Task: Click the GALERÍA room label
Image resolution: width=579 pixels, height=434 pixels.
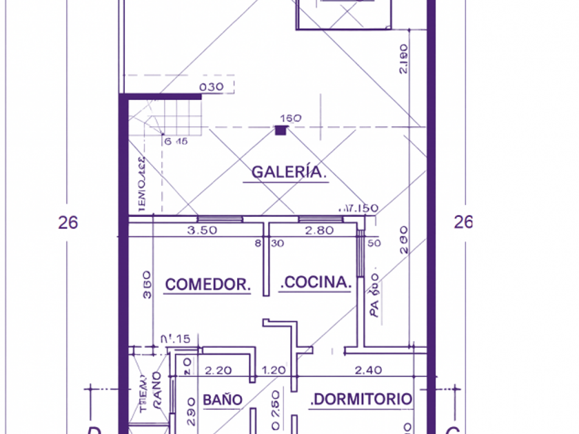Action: pos(288,172)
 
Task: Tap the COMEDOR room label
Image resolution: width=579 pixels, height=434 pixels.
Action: pos(207,283)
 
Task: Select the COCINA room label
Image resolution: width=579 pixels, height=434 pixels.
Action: pos(317,282)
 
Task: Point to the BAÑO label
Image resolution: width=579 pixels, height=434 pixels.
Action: pos(223,400)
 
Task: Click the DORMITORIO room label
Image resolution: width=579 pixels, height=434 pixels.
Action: pos(363,399)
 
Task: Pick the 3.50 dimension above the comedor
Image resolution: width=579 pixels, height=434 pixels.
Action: pos(202,231)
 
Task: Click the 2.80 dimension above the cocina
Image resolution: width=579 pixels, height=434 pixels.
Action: pos(319,231)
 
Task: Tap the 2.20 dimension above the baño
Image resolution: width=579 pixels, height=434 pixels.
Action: pos(219,370)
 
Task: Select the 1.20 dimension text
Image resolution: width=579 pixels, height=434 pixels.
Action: pos(274,370)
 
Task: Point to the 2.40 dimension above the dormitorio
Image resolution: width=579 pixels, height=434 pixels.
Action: pos(368,370)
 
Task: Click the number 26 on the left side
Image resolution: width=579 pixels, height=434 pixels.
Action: pos(68,223)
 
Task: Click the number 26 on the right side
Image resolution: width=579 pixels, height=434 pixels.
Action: pos(463,222)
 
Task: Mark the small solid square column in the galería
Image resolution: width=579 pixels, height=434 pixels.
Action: pos(281,130)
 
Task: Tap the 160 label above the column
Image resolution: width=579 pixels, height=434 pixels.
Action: pos(291,118)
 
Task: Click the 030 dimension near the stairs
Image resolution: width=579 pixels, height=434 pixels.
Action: pos(211,87)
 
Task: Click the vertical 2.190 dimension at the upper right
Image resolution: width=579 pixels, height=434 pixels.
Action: pos(404,59)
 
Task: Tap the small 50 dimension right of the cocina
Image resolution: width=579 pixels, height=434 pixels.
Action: pos(374,243)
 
